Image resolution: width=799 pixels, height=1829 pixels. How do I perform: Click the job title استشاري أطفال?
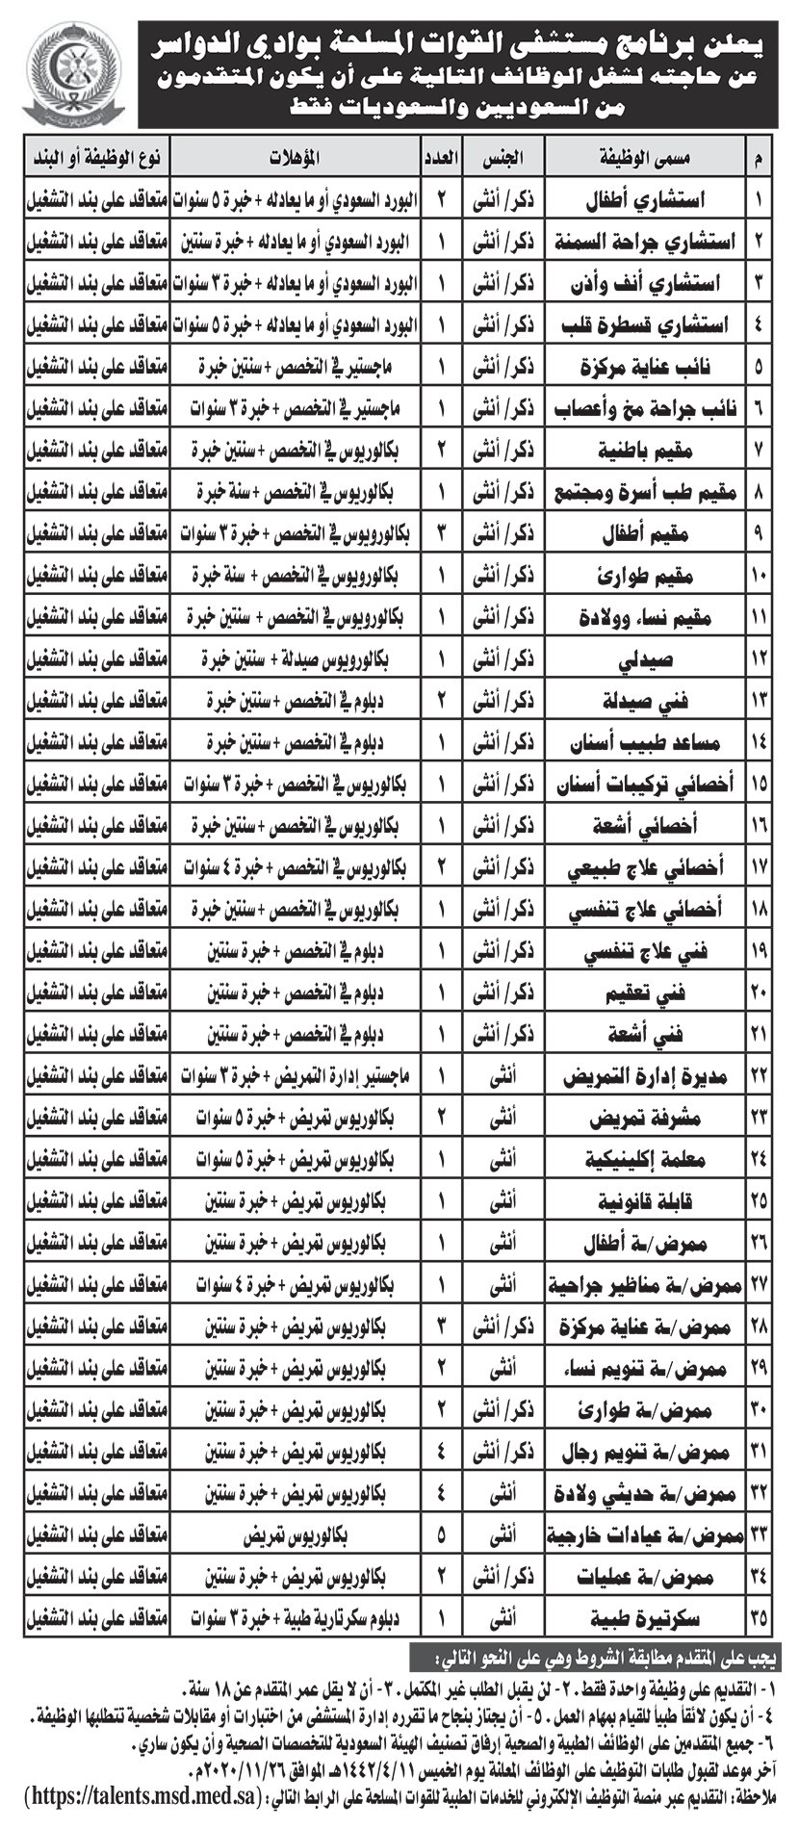pyautogui.click(x=651, y=201)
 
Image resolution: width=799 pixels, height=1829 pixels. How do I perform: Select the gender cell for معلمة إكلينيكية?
pyautogui.click(x=503, y=1159)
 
